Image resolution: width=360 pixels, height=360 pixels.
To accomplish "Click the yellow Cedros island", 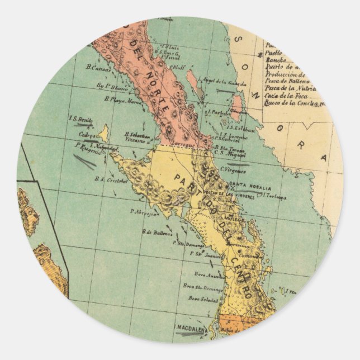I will [x=103, y=133].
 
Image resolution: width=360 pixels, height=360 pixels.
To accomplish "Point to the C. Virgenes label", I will [x=233, y=169].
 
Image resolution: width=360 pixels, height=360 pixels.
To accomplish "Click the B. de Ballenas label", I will [x=157, y=231].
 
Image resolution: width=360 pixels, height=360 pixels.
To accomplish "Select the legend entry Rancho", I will [x=276, y=59].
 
